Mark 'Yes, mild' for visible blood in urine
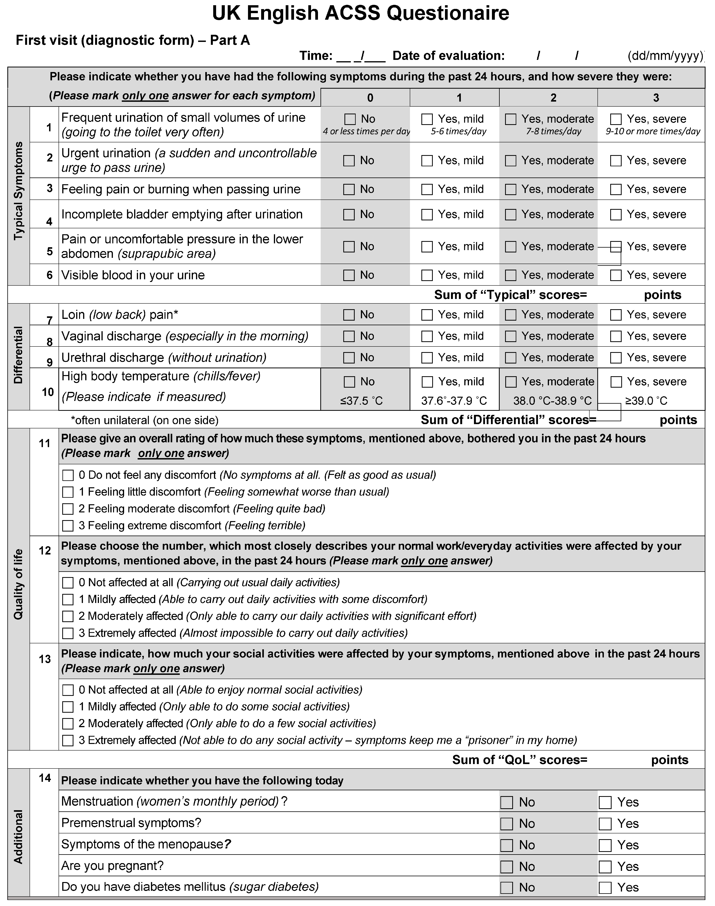click(x=427, y=275)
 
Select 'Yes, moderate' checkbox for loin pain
click(x=511, y=315)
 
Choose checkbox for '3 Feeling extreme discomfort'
click(x=68, y=526)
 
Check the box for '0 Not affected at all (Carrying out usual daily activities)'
click(x=68, y=583)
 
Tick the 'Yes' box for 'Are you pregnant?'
click(x=605, y=867)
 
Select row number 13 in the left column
click(x=45, y=659)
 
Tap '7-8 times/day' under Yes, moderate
click(x=553, y=131)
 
